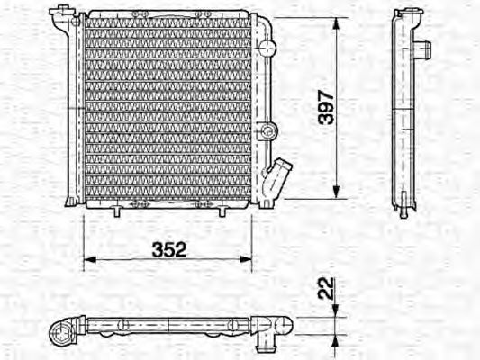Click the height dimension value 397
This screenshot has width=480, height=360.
[x=326, y=106]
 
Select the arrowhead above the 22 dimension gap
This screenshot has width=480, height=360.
[x=336, y=310]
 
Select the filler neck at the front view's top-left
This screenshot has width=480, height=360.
[x=61, y=14]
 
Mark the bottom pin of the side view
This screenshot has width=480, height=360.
[x=403, y=212]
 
